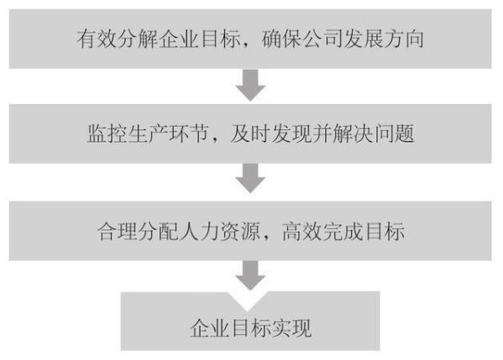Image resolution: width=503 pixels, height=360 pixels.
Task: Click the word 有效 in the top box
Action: [x=97, y=39]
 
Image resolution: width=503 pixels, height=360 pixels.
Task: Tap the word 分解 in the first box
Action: [x=138, y=39]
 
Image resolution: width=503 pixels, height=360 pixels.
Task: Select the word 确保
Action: [x=282, y=39]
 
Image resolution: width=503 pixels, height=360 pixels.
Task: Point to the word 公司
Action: [x=322, y=39]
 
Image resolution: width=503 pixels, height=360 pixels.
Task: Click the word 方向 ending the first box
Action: [x=404, y=39]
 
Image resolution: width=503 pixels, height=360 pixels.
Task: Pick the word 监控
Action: [x=107, y=133]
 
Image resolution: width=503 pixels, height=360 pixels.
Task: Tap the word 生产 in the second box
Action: [x=148, y=133]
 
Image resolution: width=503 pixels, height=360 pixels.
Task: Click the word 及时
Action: [x=250, y=133]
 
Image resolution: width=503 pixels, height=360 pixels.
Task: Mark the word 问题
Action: [x=394, y=133]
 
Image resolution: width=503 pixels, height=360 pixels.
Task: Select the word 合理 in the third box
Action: [x=118, y=231]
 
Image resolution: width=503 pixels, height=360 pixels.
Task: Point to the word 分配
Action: [x=158, y=231]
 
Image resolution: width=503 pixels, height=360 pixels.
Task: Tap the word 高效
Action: [x=302, y=231]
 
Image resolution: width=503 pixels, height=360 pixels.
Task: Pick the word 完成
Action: [x=343, y=231]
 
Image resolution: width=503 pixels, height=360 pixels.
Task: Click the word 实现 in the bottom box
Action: [x=291, y=328]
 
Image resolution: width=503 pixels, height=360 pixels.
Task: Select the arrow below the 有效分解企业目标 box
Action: [x=250, y=85]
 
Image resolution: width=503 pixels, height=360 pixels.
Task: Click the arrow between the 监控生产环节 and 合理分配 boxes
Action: [x=250, y=178]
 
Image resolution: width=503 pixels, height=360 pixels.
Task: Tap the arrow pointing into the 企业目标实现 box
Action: [x=250, y=275]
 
